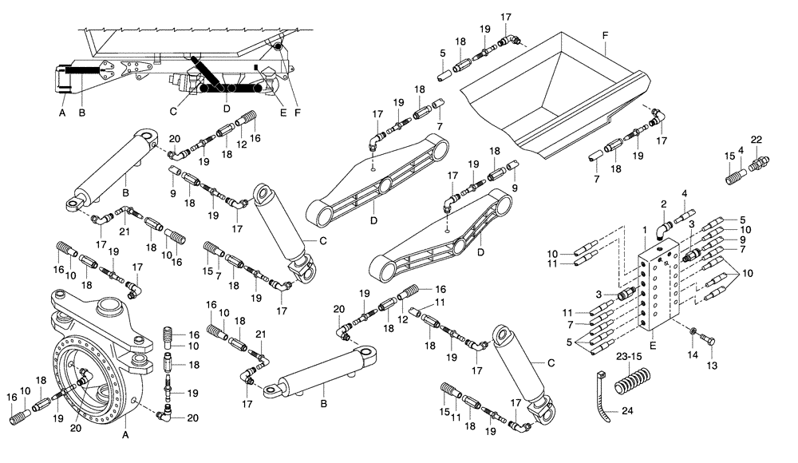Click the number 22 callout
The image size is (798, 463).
(x=756, y=140)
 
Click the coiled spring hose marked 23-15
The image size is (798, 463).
(x=632, y=385)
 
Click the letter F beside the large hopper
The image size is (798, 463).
(x=605, y=37)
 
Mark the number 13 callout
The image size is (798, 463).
(x=712, y=365)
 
